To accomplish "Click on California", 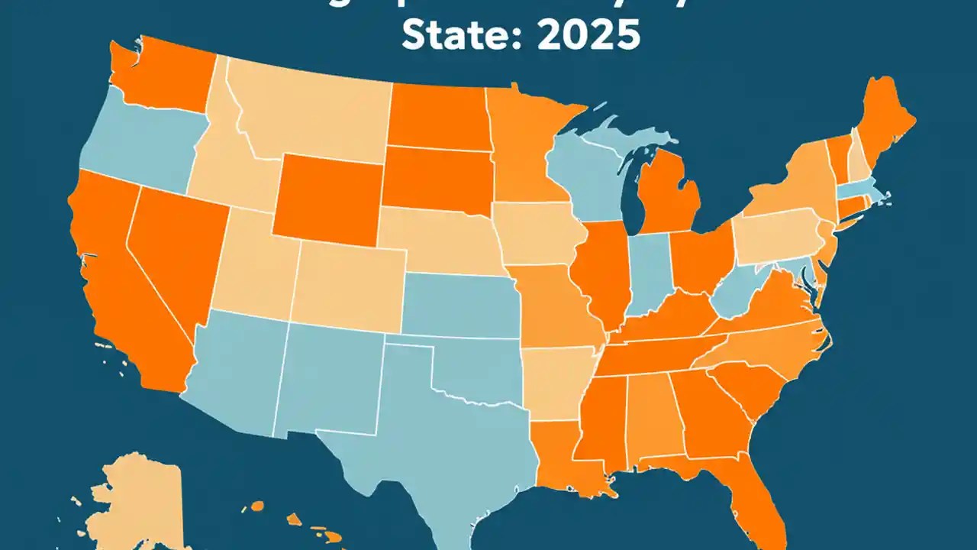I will (x=114, y=275).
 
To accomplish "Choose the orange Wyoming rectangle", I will (x=328, y=195).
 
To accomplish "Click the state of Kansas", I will (x=458, y=306).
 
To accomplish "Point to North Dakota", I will (x=439, y=115).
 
